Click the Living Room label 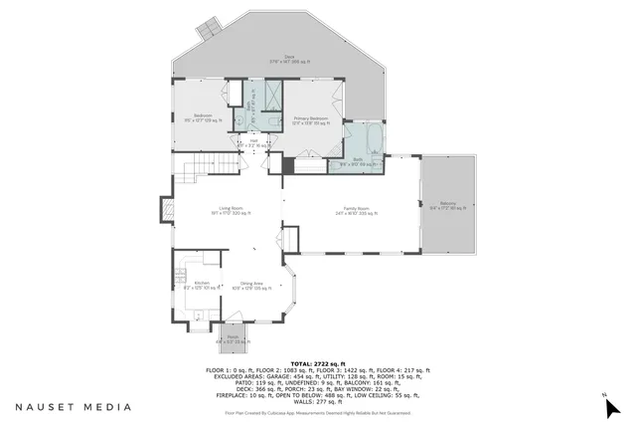[230, 210]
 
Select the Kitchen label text [202, 285]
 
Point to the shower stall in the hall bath [272, 95]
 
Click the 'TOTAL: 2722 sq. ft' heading [317, 363]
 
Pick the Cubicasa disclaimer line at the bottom [317, 412]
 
